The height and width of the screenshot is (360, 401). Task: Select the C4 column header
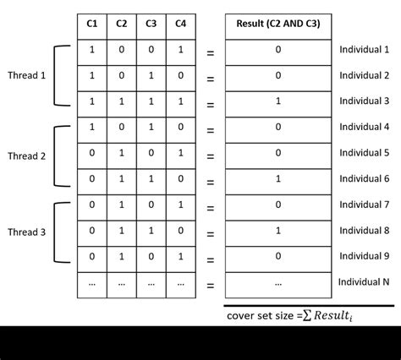tap(181, 23)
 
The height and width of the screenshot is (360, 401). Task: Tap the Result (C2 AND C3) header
tap(277, 23)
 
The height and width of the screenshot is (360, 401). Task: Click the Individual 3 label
tap(364, 101)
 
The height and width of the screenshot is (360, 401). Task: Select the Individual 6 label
tap(364, 178)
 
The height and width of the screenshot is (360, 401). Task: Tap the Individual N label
tap(364, 281)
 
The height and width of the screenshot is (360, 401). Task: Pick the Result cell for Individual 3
tap(277, 101)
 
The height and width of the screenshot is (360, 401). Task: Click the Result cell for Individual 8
tap(277, 229)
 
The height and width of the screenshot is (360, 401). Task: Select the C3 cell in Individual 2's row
tap(151, 75)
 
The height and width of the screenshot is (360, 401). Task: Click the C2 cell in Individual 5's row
tap(121, 153)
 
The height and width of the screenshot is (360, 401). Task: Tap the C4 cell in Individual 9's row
tap(181, 255)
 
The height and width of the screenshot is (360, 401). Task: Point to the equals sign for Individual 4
tap(210, 131)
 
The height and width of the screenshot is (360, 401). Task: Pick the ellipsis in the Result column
tap(277, 283)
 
